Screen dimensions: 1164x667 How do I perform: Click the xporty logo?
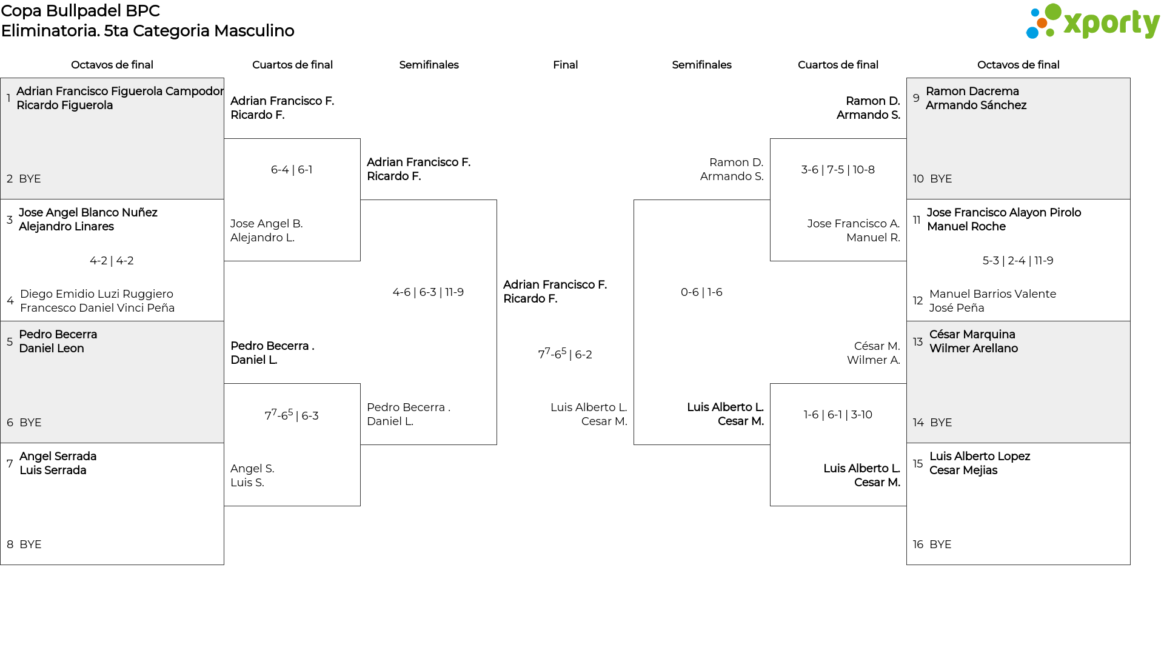tap(1092, 22)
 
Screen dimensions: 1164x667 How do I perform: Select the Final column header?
tap(565, 65)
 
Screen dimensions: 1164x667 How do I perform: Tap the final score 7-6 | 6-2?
tap(565, 354)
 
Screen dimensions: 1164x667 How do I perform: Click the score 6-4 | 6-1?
tap(292, 170)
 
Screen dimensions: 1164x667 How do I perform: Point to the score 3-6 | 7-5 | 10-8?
tap(838, 170)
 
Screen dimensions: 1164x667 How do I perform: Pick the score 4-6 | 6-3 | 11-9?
tap(428, 292)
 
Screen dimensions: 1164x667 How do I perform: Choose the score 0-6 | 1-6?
tap(701, 292)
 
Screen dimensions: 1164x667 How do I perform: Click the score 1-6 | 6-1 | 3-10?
tap(838, 415)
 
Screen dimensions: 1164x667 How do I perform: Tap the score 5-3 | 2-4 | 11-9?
tap(1018, 261)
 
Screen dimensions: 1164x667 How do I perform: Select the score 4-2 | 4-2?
tap(112, 261)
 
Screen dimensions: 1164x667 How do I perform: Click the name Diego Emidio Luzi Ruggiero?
tap(96, 294)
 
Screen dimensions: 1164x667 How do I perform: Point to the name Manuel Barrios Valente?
tap(992, 294)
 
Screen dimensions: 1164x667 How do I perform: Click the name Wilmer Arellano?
tap(974, 349)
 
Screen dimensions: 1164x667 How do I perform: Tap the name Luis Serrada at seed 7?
tap(53, 471)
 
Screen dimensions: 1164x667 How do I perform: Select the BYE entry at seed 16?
tap(940, 545)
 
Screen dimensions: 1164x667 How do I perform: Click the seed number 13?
tap(918, 342)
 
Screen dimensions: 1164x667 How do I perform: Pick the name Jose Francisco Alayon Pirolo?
tap(1004, 213)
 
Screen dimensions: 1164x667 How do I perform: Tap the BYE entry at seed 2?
tap(30, 179)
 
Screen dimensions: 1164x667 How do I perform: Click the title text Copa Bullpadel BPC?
tap(81, 11)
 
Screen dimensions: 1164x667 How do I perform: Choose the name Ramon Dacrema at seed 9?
tap(972, 92)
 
